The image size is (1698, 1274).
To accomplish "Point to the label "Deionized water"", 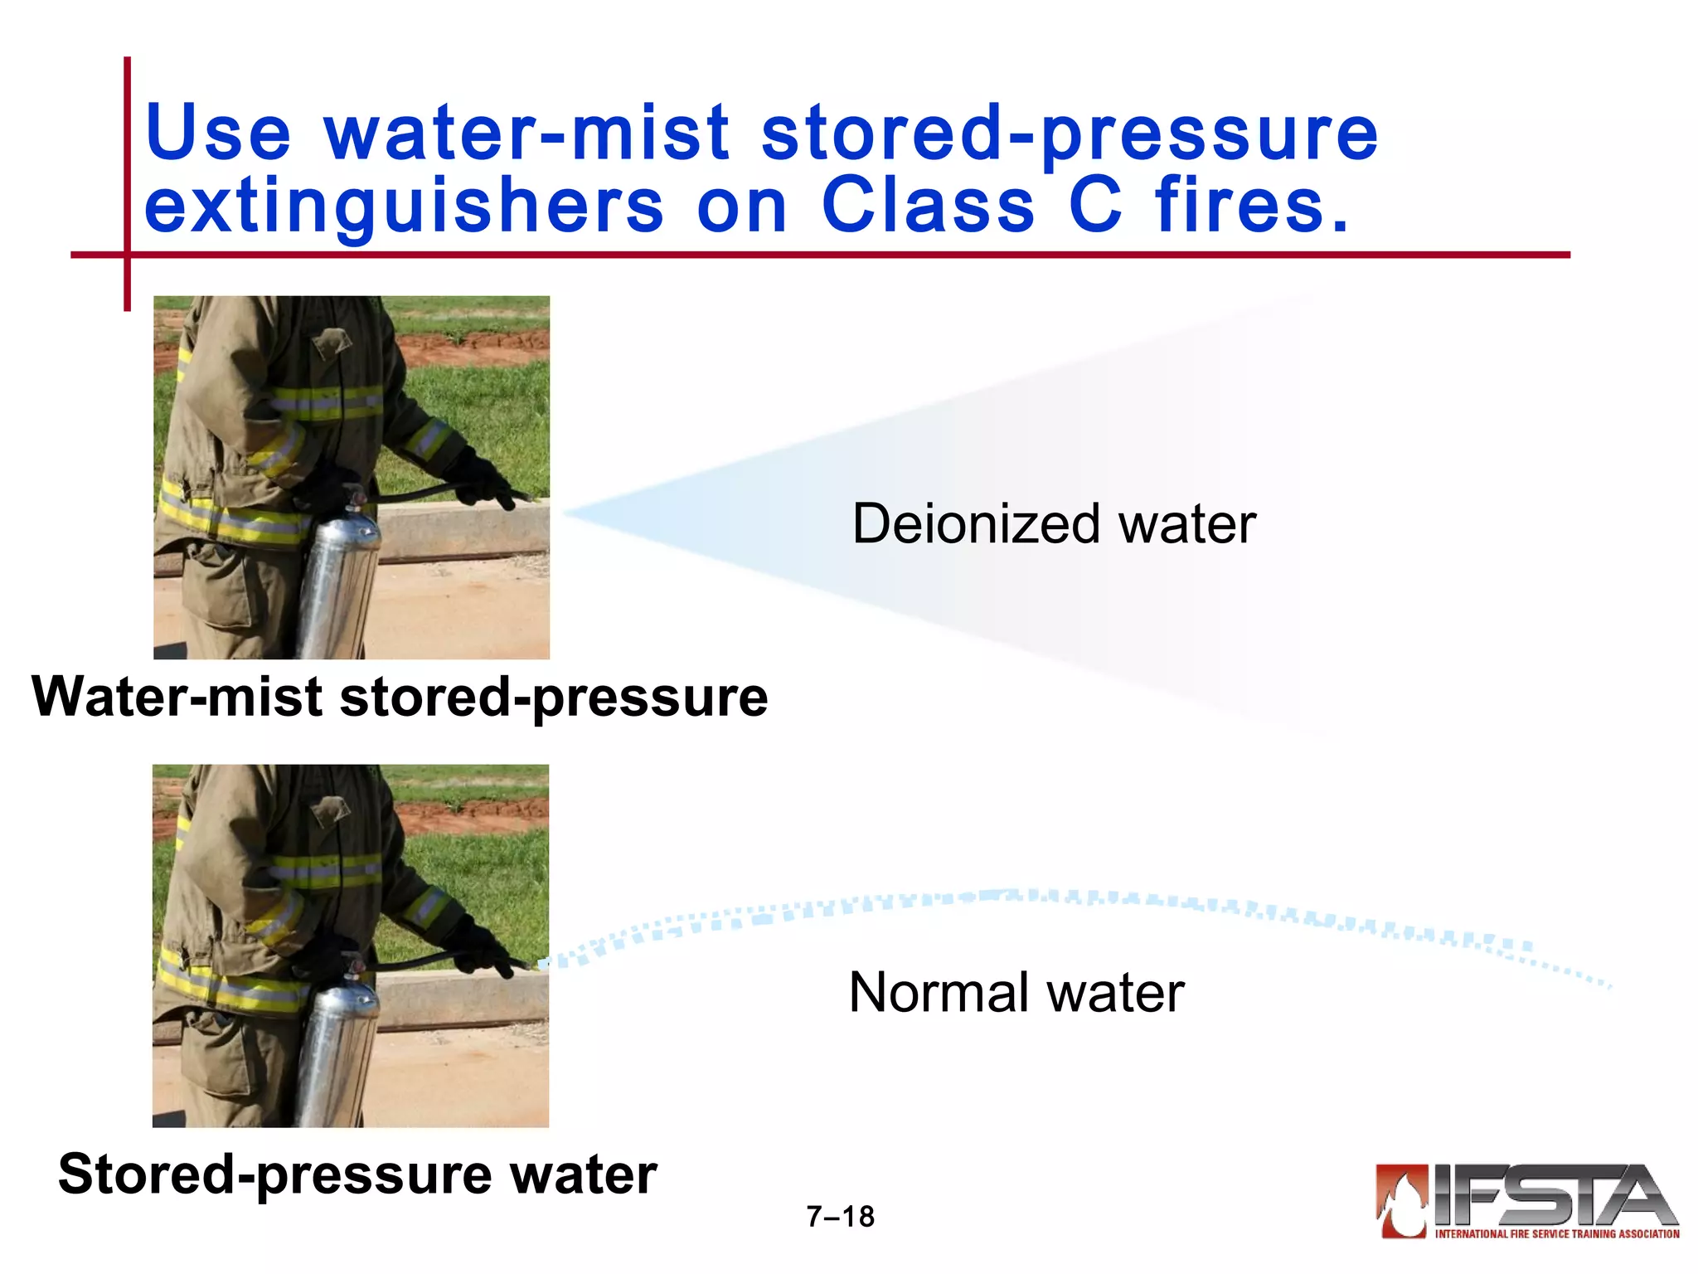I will [x=1054, y=524].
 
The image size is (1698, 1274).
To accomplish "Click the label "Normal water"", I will [x=1016, y=993].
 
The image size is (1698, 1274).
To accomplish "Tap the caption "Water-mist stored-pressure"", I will [x=400, y=697].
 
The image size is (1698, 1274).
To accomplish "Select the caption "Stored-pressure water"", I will [x=357, y=1174].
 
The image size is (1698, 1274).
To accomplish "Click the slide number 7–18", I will [x=840, y=1217].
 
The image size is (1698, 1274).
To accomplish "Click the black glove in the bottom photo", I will [x=477, y=950].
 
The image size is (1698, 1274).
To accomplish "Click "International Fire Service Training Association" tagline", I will [x=1557, y=1234].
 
